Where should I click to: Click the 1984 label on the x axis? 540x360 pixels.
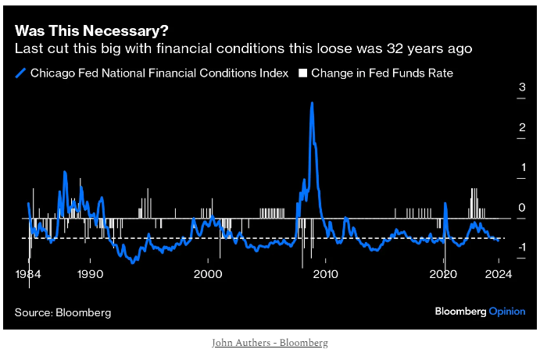pos(29,273)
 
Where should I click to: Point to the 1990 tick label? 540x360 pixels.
pos(90,273)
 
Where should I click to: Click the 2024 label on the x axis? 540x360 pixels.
pos(498,273)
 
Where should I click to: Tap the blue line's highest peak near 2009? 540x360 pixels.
pos(312,103)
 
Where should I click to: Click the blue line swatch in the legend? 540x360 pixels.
pos(20,73)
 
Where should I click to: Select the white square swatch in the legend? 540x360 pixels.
pos(302,73)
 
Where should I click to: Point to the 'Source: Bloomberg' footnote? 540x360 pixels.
pos(63,312)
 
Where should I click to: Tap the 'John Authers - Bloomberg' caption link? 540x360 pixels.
pos(270,343)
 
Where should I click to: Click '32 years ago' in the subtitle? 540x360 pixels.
pos(436,48)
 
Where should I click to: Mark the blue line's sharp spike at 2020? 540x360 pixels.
pos(445,204)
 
